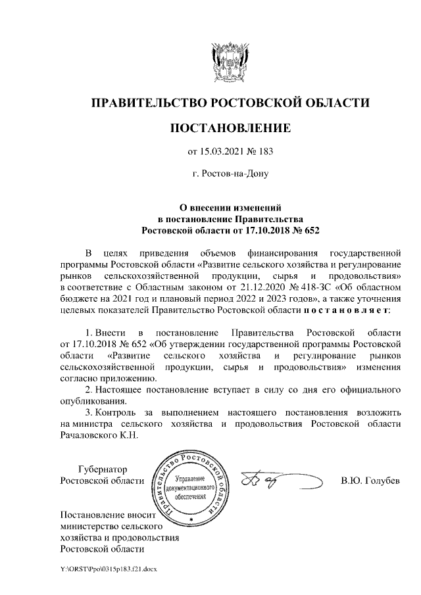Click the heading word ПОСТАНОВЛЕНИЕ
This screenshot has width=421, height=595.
point(230,127)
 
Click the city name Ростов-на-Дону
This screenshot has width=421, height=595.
point(230,175)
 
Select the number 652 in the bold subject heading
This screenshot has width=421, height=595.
point(305,231)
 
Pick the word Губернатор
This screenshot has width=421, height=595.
point(102,469)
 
